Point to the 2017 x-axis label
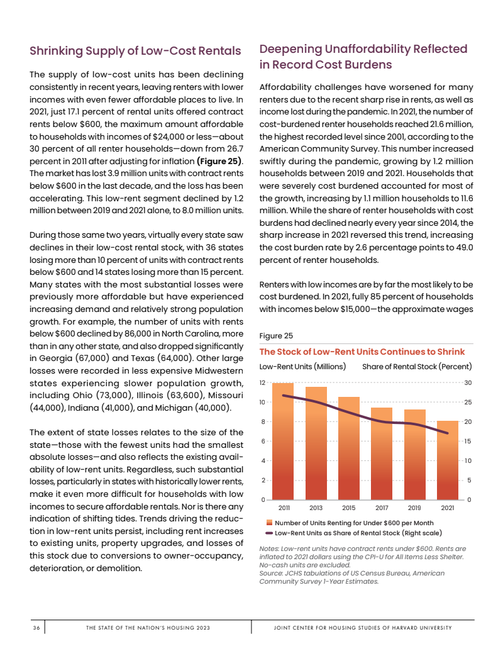click(x=382, y=507)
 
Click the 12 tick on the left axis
click(x=263, y=382)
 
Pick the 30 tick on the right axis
click(x=468, y=382)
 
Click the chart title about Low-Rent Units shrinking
click(x=362, y=352)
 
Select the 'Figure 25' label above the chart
click(x=276, y=336)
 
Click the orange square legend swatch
click(x=269, y=523)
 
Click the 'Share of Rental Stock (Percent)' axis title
click(x=417, y=366)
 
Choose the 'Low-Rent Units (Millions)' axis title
click(x=302, y=366)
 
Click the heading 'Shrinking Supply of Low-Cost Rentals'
click(x=136, y=51)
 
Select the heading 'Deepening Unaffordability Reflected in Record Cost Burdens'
click(x=363, y=57)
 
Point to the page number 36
click(x=36, y=628)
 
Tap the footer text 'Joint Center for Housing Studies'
click(x=363, y=628)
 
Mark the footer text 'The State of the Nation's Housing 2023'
click(x=148, y=628)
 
